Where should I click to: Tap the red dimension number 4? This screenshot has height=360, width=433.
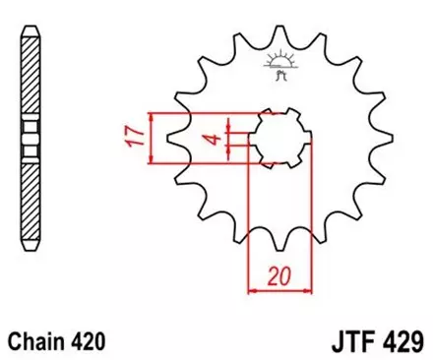coord(211,137)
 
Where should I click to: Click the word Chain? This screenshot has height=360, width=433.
coord(36,340)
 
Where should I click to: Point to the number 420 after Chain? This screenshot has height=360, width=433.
coord(87,340)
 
